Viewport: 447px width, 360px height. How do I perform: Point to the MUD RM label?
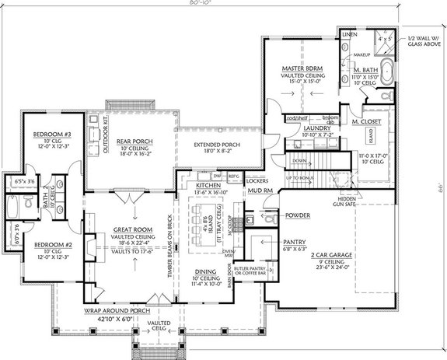click(259, 188)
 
